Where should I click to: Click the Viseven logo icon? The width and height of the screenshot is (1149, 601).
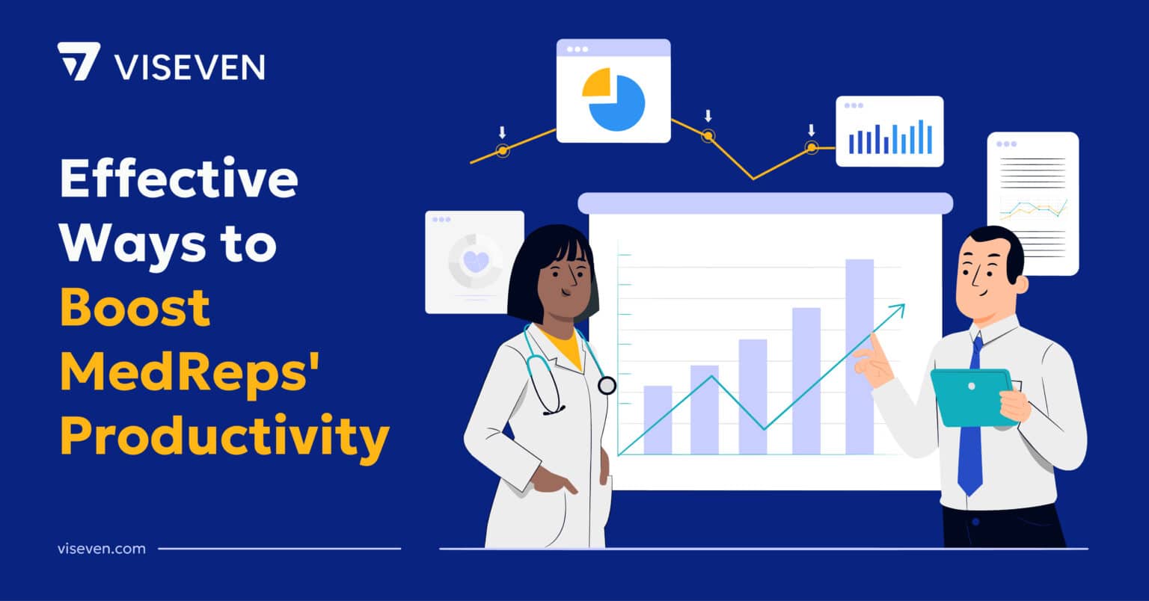point(78,61)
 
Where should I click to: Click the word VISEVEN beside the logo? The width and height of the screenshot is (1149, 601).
point(189,67)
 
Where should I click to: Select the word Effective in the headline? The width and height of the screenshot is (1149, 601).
point(178,179)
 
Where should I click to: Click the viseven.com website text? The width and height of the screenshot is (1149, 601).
point(101,549)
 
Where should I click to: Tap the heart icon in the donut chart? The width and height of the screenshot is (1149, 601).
point(476,261)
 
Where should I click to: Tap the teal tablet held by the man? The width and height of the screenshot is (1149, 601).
point(970,395)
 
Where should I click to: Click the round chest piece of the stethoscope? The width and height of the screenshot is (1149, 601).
point(607,386)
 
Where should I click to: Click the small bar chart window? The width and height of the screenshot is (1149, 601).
point(889,132)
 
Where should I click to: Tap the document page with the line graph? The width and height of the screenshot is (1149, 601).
point(1032,203)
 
